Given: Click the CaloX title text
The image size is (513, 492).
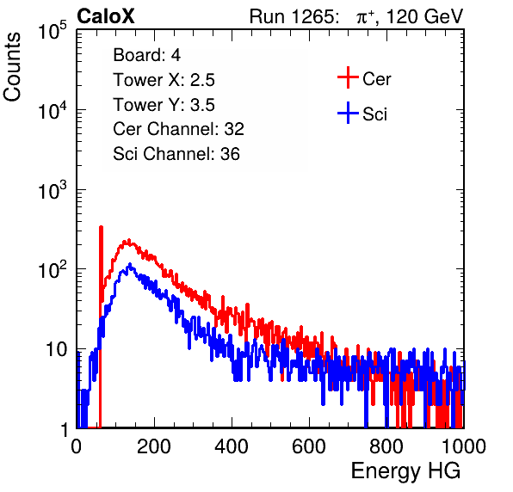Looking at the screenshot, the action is (x=106, y=16).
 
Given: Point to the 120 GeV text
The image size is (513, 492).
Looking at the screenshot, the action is (x=424, y=16).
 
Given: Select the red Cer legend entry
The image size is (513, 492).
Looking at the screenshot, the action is (x=364, y=78).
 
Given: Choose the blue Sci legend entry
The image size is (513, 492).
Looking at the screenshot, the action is (x=362, y=114).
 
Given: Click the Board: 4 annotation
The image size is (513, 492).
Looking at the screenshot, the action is (x=147, y=55).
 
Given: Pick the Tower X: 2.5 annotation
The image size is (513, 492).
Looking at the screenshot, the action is (x=164, y=80).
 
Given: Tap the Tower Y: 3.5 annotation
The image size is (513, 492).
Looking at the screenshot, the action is (x=164, y=105).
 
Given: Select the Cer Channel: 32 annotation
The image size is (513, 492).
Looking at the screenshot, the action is (x=179, y=129).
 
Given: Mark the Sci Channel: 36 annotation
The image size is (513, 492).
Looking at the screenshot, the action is (x=176, y=154).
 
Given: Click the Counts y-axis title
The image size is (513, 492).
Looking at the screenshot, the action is (x=12, y=67).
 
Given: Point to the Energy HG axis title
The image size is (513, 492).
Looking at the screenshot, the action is (x=405, y=471).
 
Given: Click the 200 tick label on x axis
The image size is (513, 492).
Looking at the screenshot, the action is (x=154, y=446).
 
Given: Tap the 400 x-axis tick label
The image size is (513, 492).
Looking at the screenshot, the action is (x=232, y=446).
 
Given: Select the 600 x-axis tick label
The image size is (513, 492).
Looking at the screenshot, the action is (x=309, y=446).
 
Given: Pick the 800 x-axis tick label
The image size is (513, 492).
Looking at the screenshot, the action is (x=386, y=446).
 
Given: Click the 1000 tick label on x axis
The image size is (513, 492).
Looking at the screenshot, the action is (x=464, y=446).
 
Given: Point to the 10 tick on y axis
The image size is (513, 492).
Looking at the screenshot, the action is (x=57, y=349).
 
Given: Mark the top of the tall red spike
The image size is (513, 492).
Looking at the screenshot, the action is (x=101, y=227).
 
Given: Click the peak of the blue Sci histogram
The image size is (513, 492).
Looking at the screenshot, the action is (x=130, y=264).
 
